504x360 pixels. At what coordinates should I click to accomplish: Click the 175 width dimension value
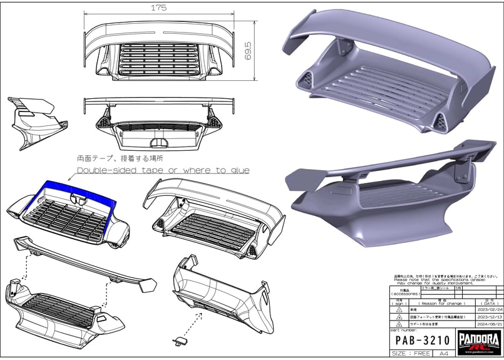(162, 8)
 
